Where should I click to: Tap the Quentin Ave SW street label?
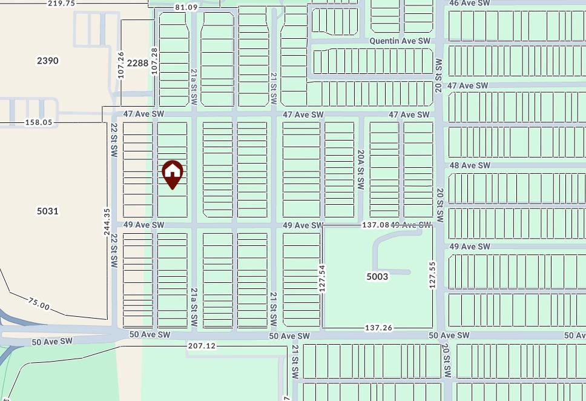[400, 41]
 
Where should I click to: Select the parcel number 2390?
[48, 61]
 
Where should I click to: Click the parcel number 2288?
[137, 62]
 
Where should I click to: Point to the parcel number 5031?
[48, 211]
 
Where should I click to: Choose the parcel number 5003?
[377, 276]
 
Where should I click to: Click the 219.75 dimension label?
[61, 3]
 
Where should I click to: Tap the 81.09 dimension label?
[186, 7]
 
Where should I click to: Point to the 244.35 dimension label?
[107, 222]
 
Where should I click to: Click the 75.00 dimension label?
[39, 303]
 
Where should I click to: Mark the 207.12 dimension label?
[202, 346]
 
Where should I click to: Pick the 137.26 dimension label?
[379, 328]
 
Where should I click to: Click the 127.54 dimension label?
[322, 278]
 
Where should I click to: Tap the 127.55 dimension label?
[432, 274]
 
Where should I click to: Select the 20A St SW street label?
[360, 170]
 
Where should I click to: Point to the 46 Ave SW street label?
[469, 3]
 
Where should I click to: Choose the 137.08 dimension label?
[375, 225]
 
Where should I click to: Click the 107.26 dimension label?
[121, 65]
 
